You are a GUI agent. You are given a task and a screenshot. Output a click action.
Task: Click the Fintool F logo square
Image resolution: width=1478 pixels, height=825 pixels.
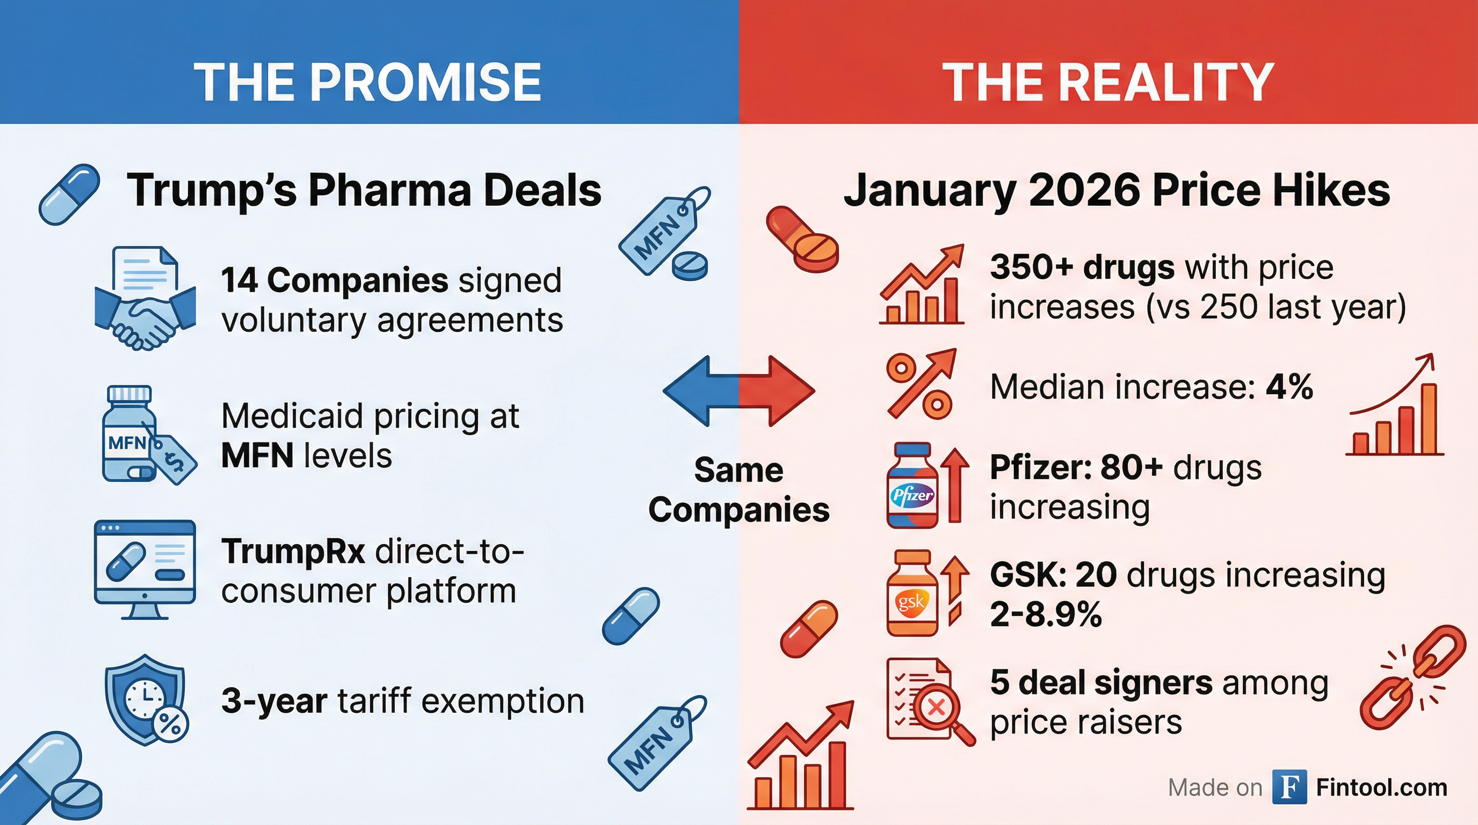1289,787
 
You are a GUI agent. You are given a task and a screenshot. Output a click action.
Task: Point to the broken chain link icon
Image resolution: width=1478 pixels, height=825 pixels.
1412,677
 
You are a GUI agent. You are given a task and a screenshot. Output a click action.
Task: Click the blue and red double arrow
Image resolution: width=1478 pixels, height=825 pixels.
738,390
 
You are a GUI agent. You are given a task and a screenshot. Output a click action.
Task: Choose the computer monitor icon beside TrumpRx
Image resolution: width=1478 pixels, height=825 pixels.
144,568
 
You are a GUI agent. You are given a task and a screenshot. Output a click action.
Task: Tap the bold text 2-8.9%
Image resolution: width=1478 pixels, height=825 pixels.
1045,614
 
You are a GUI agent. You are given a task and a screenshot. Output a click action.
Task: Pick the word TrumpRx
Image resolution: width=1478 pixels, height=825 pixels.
293,551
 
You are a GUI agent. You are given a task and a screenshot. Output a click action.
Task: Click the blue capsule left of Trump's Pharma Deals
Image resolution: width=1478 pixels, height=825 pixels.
69,194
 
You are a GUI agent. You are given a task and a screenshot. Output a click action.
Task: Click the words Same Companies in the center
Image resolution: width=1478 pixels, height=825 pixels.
738,489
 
